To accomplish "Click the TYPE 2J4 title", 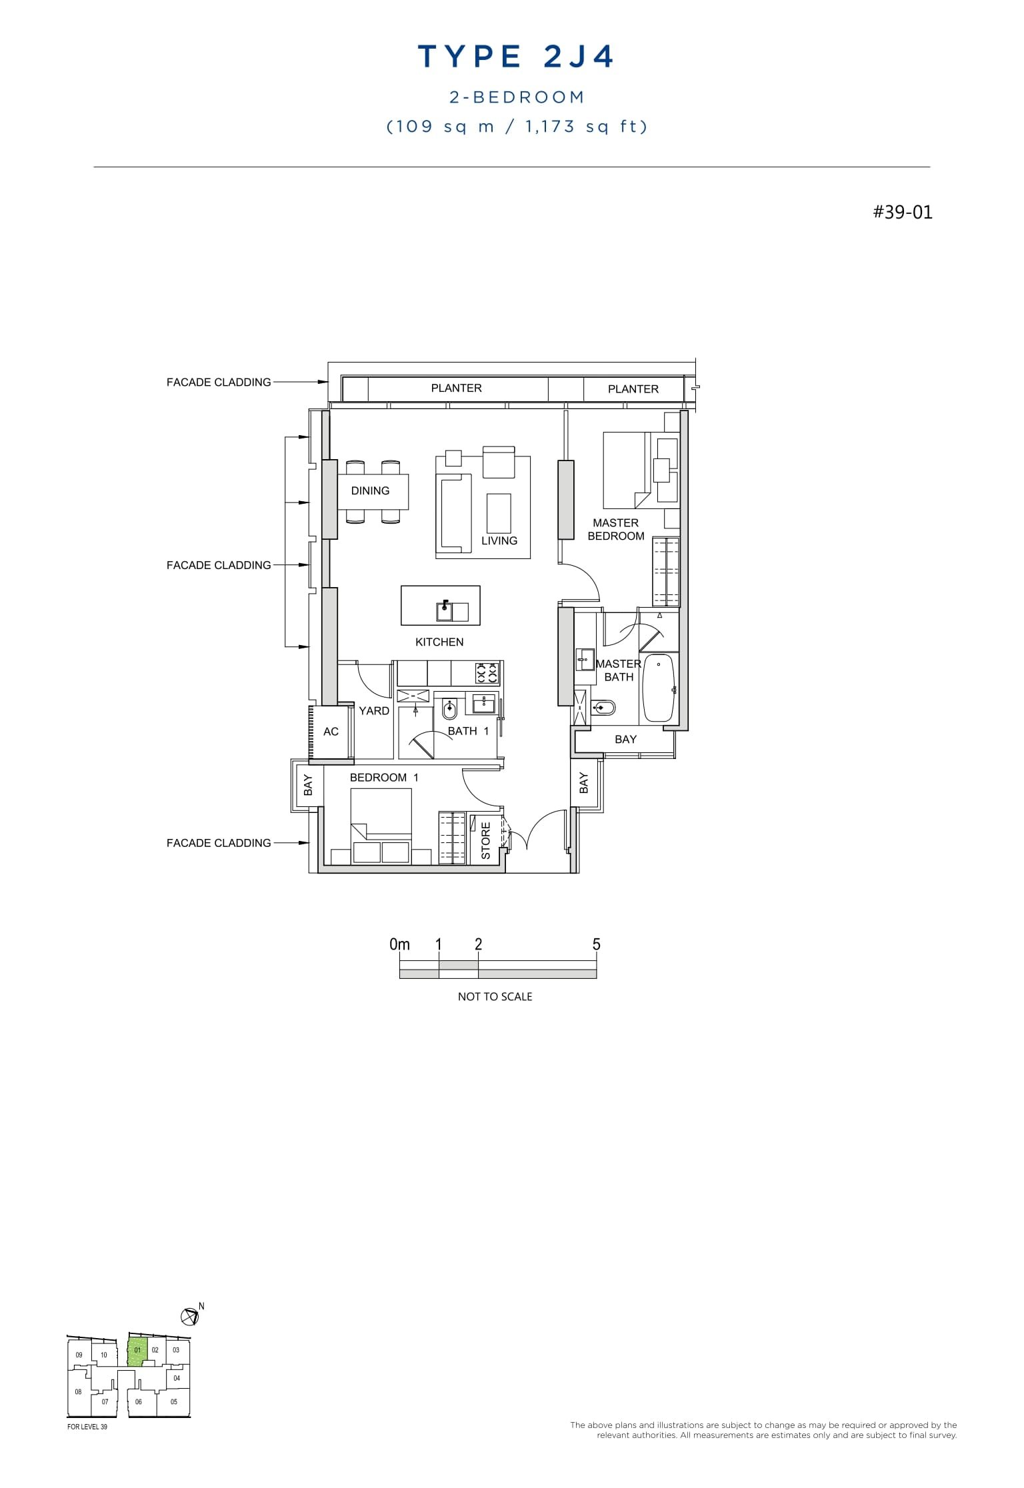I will tap(515, 57).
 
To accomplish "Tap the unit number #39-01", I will tap(903, 212).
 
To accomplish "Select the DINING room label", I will tap(370, 491).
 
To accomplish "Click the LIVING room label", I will tap(499, 541).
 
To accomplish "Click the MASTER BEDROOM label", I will tap(616, 530).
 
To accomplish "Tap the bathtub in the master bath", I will tap(659, 688).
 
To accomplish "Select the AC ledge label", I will tap(331, 732).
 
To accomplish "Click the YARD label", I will tap(374, 711).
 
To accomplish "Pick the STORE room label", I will tap(486, 840).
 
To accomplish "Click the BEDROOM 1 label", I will tap(384, 778).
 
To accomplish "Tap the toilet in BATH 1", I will tap(449, 711).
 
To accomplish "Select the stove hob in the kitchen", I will tap(487, 673).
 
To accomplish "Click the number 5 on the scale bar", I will tap(596, 944).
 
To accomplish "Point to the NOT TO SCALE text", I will tap(495, 997).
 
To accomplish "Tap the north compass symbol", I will tap(189, 1316).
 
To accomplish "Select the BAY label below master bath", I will tap(625, 740).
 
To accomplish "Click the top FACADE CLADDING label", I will tap(219, 382).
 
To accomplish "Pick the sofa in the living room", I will tap(453, 513).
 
